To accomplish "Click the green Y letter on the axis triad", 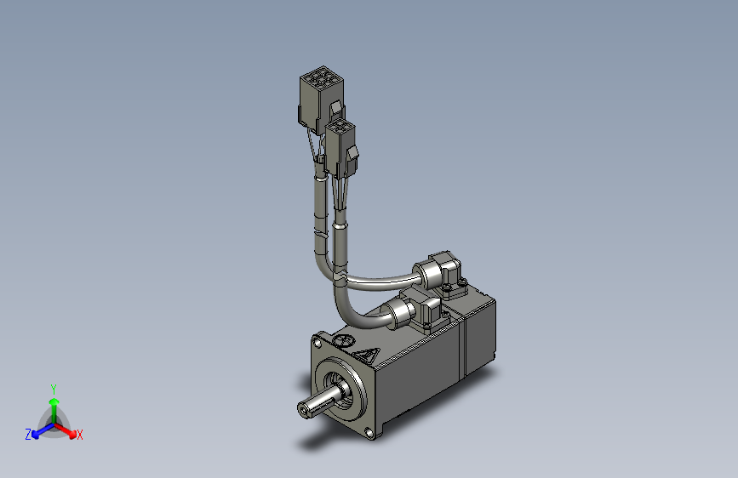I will coord(53,387).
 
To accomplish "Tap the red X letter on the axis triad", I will coord(80,435).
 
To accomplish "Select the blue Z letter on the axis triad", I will coord(28,434).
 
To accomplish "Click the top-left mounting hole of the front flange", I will coord(318,342).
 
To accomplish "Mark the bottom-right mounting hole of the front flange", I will coord(371,433).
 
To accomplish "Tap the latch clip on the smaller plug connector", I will coord(352,156).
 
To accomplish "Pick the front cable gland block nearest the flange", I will coord(426,311).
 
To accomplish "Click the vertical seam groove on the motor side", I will coord(463,345).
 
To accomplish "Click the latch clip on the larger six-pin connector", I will coord(335,111).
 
